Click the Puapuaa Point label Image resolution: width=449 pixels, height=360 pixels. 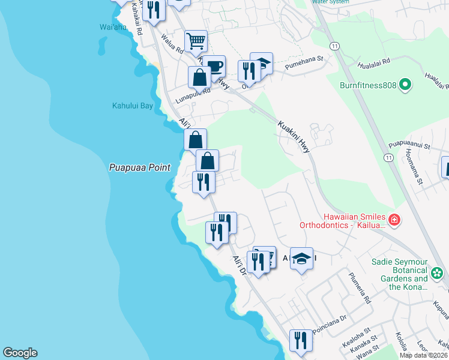pos(140,168)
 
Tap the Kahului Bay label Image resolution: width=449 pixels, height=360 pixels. pos(133,106)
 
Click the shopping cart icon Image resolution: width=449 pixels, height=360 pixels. pos(196,41)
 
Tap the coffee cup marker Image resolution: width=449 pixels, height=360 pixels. pos(213,66)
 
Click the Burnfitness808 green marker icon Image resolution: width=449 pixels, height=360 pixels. pos(406,85)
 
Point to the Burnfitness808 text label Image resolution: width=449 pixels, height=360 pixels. pos(368,85)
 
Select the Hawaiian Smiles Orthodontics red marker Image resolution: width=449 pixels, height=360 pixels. pos(394,220)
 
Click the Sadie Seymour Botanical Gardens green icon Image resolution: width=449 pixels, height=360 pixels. pos(436,274)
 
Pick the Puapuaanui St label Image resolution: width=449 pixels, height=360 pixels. pos(409,145)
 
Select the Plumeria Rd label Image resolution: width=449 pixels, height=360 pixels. pos(360,288)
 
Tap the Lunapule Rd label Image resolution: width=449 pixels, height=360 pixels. pos(193,93)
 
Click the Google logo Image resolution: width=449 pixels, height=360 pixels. pos(20,353)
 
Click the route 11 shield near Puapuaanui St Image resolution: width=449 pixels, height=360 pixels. pos(389,157)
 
